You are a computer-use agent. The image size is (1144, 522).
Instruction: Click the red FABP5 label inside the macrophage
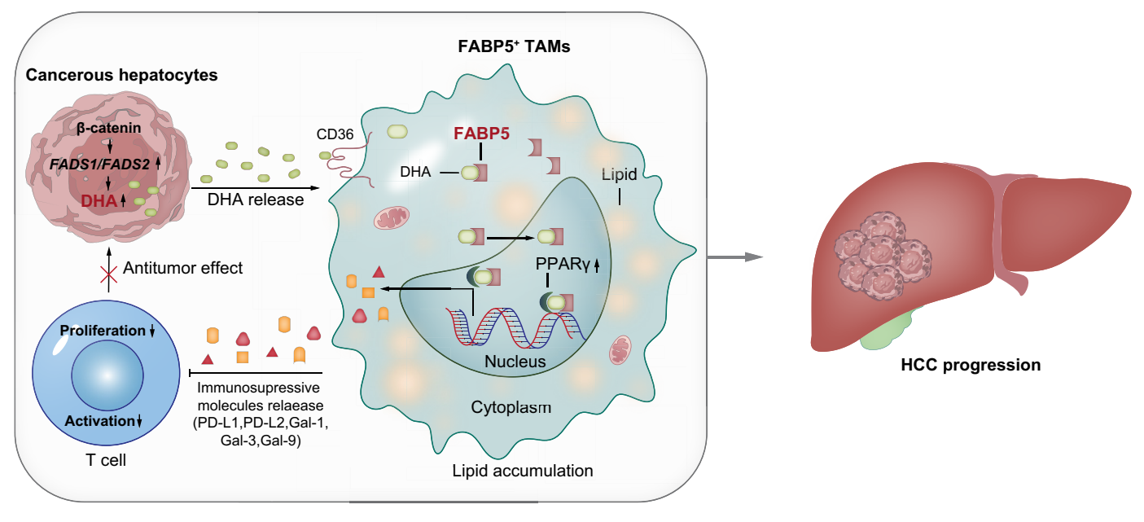click(481, 134)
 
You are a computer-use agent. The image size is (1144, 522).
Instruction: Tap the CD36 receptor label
click(334, 134)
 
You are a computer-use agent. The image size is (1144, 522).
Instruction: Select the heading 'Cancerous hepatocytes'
click(122, 76)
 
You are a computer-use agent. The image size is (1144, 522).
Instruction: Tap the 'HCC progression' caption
click(971, 365)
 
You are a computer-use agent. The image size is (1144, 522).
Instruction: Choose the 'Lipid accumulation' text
click(523, 471)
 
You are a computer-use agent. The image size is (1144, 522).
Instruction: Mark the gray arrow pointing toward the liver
click(736, 257)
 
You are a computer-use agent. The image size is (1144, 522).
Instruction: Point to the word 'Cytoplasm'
click(511, 406)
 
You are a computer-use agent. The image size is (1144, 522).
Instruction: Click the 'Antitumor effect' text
click(183, 268)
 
